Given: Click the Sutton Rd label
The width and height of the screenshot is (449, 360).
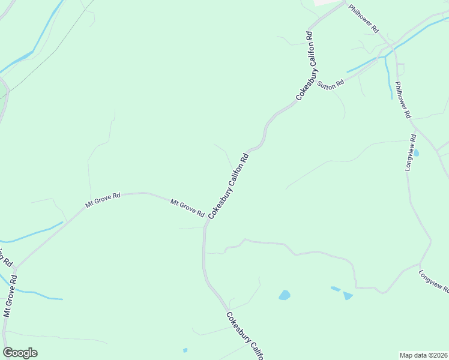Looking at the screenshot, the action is [331, 84].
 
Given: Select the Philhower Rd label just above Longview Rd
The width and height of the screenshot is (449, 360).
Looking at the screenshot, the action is [403, 100].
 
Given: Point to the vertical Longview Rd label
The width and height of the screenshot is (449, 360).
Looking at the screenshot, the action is [411, 152].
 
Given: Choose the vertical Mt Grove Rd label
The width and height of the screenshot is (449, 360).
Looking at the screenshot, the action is [10, 296].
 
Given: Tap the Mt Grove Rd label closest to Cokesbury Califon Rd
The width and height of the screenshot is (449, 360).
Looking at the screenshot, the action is [187, 208].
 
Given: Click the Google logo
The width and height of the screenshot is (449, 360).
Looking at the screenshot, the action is [20, 353].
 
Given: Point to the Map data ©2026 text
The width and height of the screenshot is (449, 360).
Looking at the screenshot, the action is [424, 355].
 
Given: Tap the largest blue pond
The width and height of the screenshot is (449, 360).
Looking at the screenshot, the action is [285, 295].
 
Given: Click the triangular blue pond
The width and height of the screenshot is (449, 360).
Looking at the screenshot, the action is [348, 295].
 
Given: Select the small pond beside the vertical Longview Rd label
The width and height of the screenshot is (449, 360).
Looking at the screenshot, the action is [416, 153].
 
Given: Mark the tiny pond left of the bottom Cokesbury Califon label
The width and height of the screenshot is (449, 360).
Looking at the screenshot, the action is [185, 350].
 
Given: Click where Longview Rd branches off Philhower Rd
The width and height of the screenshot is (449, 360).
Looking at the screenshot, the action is [414, 128].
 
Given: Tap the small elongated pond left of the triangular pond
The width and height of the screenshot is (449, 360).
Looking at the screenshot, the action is [335, 289].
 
